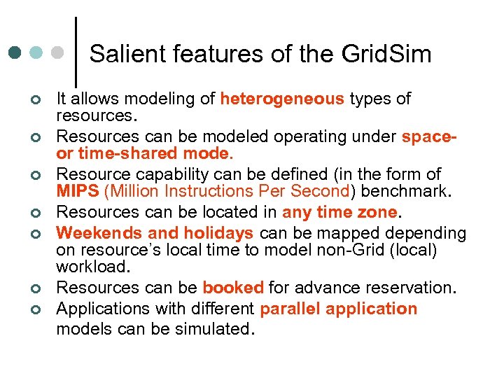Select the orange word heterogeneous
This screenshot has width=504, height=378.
pos(282,99)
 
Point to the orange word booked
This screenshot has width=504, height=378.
pos(233,287)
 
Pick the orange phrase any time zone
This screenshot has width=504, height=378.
pos(340,212)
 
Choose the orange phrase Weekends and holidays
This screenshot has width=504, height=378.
pos(155,233)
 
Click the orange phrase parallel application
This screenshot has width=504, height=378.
pos(338,309)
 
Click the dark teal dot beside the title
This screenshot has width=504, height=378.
pos(15,52)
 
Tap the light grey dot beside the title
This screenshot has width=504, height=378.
pos(59,52)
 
